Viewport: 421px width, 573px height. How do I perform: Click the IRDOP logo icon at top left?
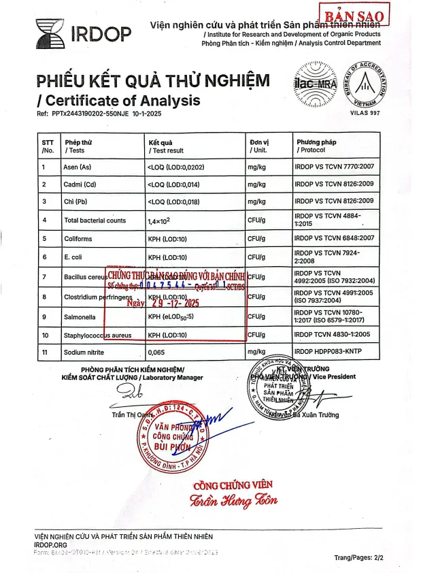50,31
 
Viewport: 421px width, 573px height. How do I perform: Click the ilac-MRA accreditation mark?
312,84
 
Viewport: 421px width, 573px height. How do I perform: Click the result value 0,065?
157,353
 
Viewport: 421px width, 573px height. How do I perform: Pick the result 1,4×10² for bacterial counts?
163,220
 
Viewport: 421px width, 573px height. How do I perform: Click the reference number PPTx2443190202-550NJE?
101,114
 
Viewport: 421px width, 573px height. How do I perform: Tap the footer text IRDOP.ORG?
50,544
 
